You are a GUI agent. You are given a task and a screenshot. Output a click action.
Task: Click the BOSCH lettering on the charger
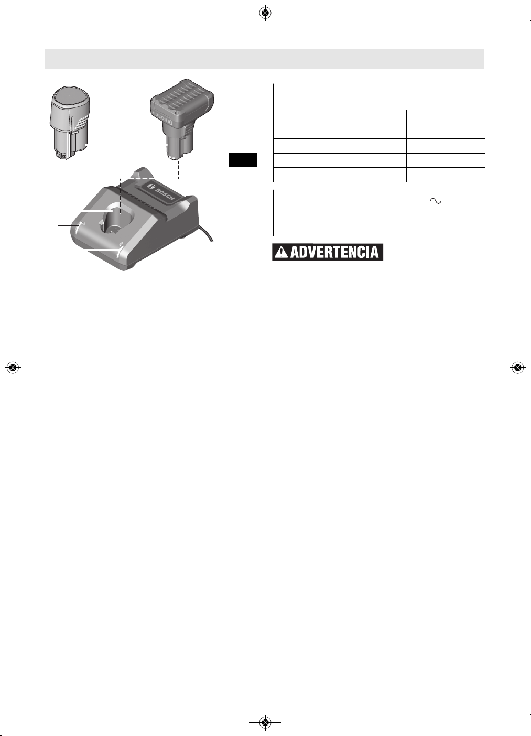click(x=165, y=194)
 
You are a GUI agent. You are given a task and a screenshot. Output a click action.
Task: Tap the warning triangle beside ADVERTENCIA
click(x=281, y=252)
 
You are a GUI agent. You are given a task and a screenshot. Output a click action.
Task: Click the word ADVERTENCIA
click(x=334, y=252)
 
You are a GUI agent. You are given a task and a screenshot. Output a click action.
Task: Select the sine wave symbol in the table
click(x=436, y=201)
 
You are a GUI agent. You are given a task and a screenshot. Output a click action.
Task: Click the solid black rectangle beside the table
click(x=243, y=160)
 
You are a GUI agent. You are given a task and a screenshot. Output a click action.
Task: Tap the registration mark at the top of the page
click(x=265, y=13)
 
